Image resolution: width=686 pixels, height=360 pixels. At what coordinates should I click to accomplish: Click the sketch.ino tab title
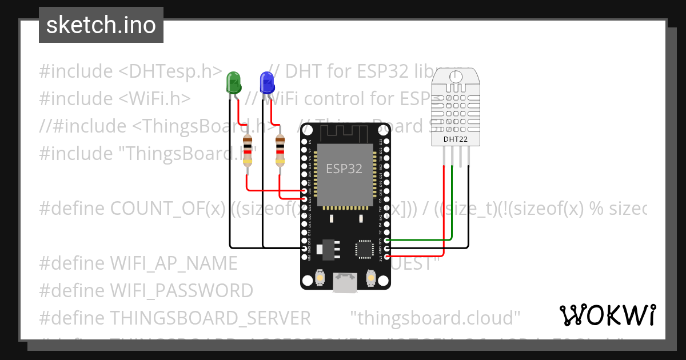point(101,25)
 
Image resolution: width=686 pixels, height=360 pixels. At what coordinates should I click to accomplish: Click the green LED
point(233,83)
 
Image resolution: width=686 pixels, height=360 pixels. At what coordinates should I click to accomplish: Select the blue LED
point(266,83)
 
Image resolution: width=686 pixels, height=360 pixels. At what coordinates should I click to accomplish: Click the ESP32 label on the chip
point(344,169)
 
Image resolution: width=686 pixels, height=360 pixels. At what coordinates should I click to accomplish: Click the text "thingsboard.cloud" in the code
point(435,317)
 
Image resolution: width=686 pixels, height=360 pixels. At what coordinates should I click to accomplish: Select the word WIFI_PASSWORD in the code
point(181,290)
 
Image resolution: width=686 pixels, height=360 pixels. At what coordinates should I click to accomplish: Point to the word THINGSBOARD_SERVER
point(210,317)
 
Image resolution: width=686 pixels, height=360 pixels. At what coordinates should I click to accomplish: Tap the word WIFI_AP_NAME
point(173,263)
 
